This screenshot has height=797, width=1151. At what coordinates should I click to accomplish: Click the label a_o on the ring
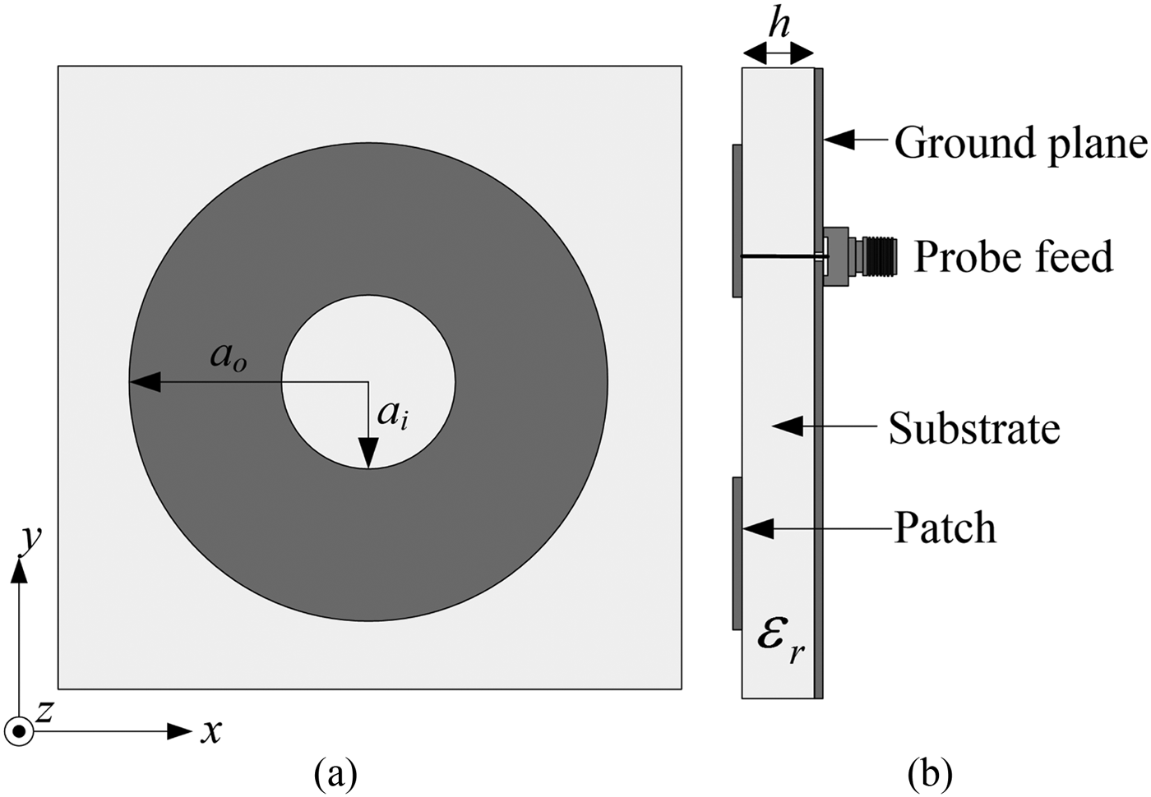(228, 357)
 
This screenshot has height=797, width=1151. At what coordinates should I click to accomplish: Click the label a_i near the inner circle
(392, 415)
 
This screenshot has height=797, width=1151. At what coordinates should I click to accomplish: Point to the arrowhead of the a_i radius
(367, 454)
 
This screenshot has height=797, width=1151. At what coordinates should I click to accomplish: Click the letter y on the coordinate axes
(31, 539)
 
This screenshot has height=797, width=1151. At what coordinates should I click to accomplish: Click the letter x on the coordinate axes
(211, 730)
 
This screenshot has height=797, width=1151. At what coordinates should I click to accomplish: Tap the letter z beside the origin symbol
(44, 712)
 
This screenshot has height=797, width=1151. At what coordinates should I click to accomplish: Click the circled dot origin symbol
(18, 730)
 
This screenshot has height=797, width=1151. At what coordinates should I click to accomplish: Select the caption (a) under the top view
(335, 773)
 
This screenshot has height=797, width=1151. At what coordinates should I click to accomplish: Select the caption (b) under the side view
(929, 773)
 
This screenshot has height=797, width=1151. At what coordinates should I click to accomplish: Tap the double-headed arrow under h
(778, 54)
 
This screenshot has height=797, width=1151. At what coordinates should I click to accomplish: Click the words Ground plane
(1019, 143)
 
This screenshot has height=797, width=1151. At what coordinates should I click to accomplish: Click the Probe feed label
(1013, 256)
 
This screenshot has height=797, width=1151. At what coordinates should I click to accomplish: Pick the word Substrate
(973, 428)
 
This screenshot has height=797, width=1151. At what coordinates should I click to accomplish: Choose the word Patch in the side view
(945, 527)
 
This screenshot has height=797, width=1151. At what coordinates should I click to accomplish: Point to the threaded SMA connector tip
(885, 256)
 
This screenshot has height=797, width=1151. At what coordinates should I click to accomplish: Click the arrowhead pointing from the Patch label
(758, 528)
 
